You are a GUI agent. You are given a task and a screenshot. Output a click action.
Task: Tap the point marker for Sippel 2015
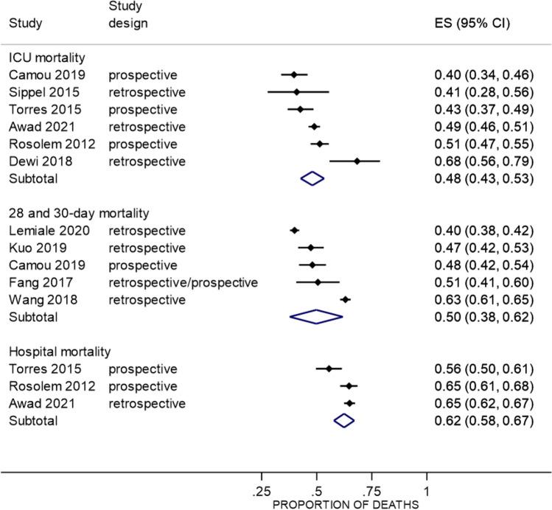tap(296, 92)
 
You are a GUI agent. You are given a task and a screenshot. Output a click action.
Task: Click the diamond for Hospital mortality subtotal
tap(343, 420)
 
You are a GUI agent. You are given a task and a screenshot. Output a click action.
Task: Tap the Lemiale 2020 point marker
tap(295, 230)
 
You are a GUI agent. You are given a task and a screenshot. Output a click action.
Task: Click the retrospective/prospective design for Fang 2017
tap(174, 282)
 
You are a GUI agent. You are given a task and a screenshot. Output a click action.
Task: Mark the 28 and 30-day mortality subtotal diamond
tap(316, 316)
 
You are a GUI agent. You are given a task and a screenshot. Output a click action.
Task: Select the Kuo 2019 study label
tap(32, 248)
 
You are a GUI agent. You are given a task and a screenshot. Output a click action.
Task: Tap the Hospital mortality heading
tap(52, 351)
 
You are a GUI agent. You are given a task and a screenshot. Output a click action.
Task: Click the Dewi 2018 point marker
tap(357, 161)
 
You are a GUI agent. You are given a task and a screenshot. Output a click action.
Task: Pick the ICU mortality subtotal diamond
tap(312, 178)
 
